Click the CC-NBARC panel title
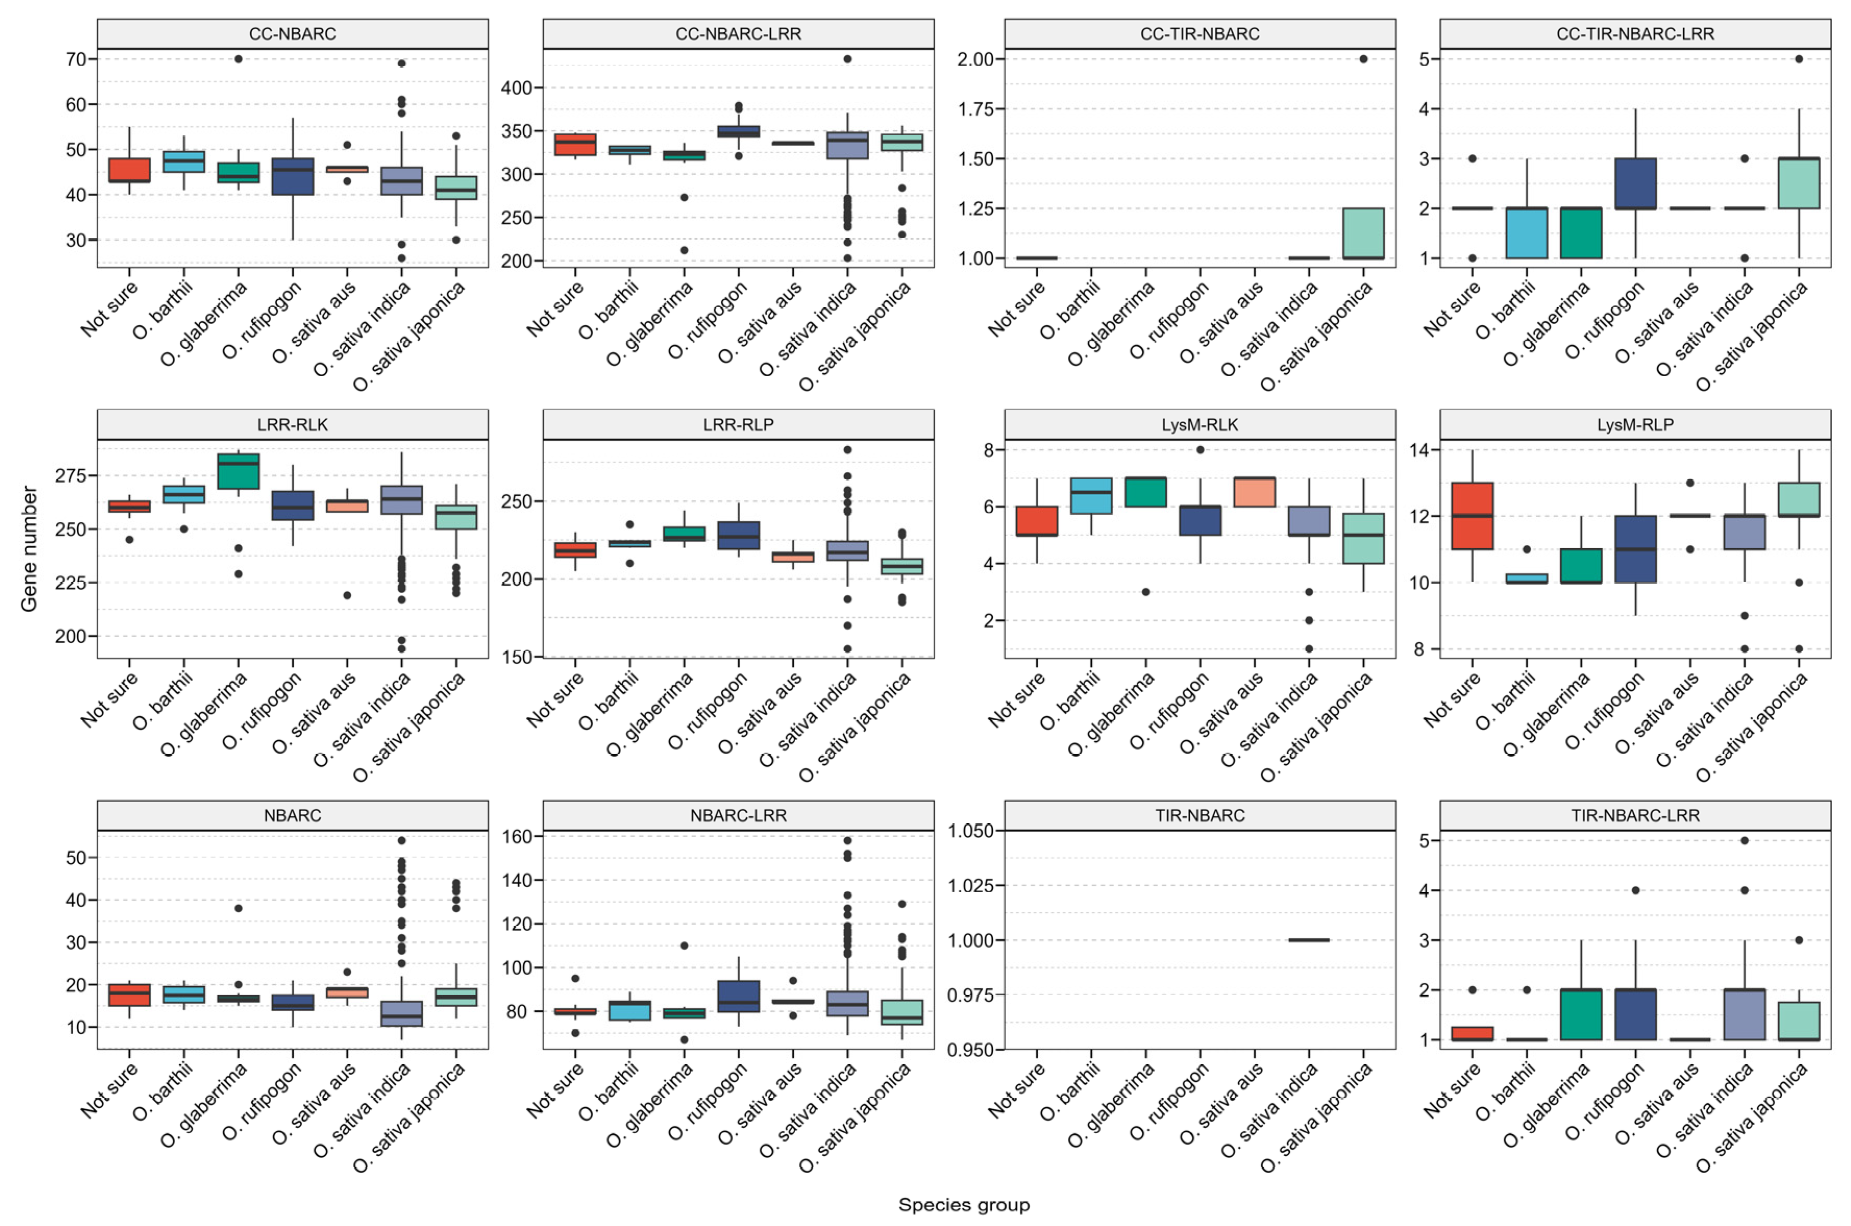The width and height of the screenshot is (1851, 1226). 292,33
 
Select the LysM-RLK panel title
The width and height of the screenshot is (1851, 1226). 1199,424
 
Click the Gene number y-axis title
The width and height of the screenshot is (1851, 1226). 29,549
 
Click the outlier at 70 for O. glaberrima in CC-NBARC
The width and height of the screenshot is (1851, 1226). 239,58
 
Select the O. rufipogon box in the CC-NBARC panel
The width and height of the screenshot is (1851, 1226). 292,177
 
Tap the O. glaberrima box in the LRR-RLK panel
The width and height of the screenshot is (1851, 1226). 239,471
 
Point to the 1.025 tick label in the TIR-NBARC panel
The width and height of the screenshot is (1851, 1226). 971,885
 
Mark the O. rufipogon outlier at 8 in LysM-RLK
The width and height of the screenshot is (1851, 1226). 1200,449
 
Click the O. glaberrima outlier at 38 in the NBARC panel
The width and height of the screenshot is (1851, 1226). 239,909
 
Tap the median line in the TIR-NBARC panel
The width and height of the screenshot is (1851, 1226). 1309,940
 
